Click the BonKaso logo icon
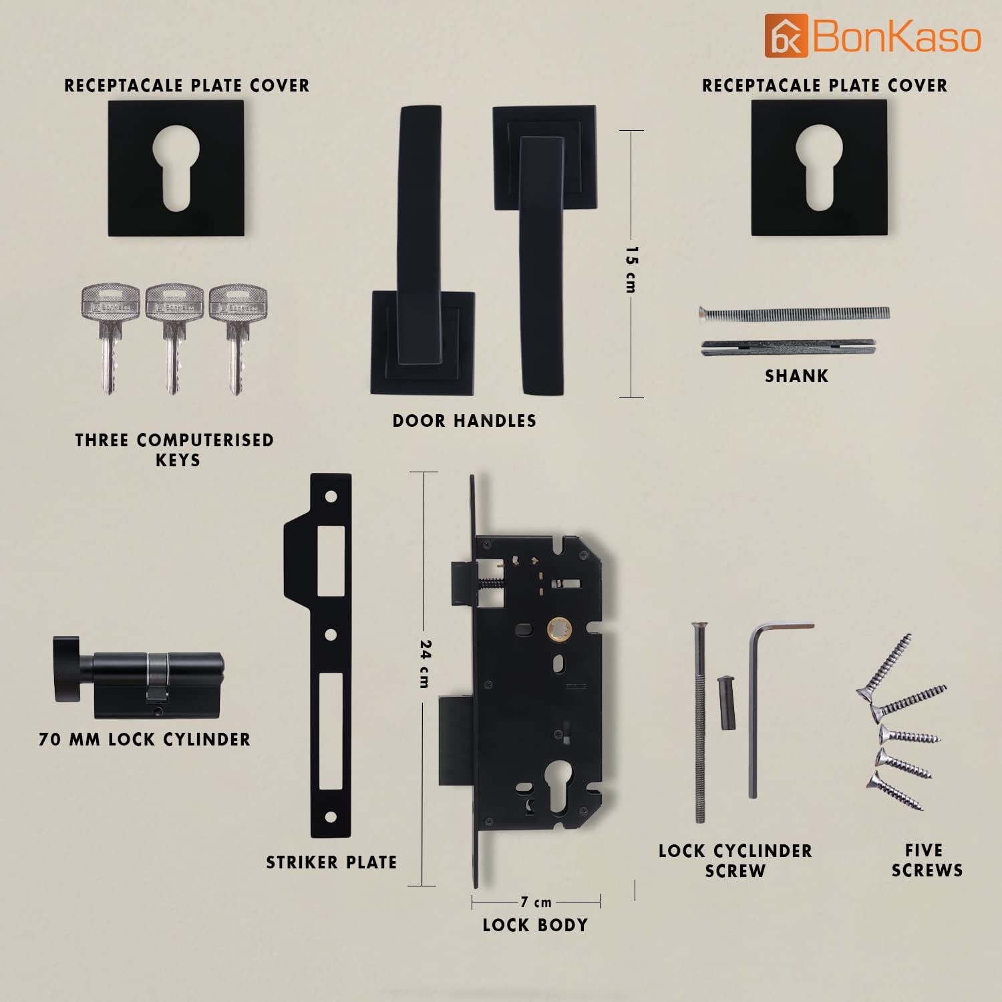tap(786, 35)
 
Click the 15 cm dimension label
tap(631, 269)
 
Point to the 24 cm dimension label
tap(425, 664)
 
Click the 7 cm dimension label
tap(536, 902)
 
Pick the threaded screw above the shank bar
tap(794, 315)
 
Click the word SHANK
tap(796, 376)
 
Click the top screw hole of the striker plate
tap(330, 498)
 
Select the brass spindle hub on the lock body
tap(558, 629)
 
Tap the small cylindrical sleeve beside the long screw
tap(724, 703)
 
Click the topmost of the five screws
tap(884, 668)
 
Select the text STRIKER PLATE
tap(331, 862)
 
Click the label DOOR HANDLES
tap(464, 421)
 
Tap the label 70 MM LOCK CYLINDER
tap(144, 739)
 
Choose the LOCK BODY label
tap(535, 925)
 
